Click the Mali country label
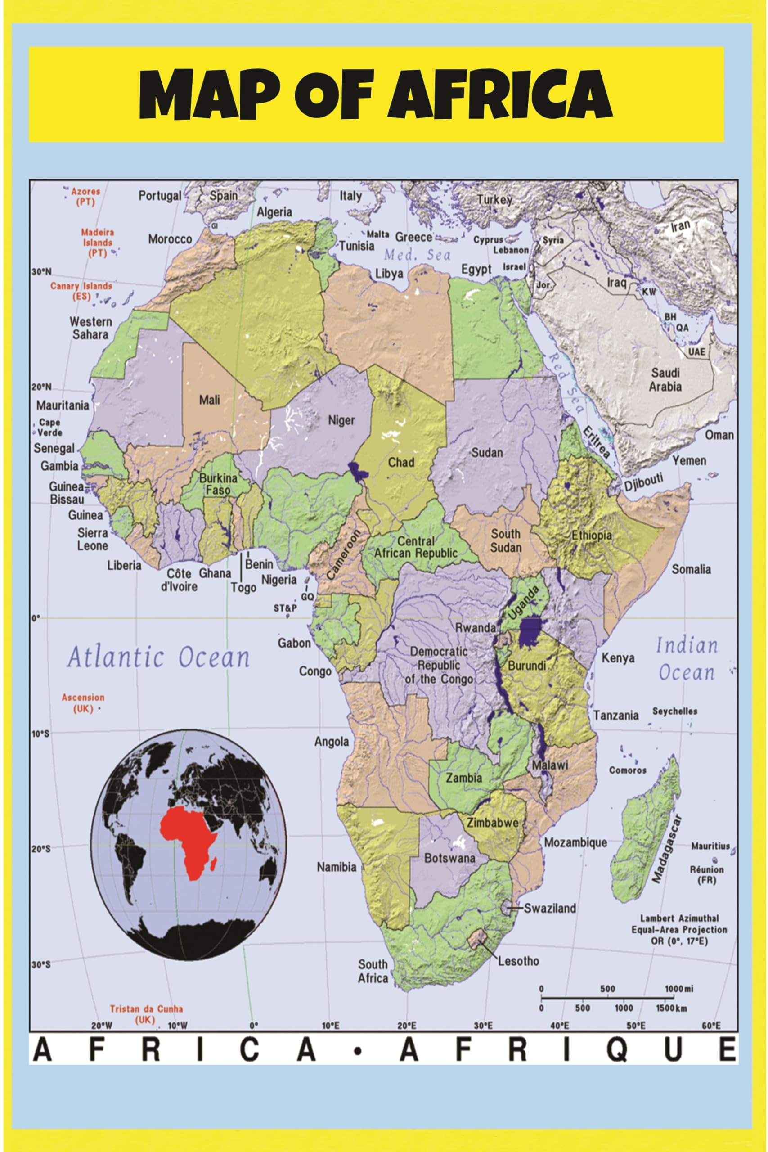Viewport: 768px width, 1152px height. click(209, 400)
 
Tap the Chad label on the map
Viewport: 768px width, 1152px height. click(401, 462)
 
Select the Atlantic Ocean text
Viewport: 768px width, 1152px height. click(158, 657)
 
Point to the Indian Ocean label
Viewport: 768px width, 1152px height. click(686, 659)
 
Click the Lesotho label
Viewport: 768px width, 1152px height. click(518, 961)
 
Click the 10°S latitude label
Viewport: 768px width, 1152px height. click(41, 733)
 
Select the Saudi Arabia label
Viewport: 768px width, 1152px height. click(665, 380)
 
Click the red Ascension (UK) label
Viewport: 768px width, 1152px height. click(83, 703)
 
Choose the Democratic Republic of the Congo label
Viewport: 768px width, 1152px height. click(439, 665)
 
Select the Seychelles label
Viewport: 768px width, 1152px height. click(674, 711)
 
